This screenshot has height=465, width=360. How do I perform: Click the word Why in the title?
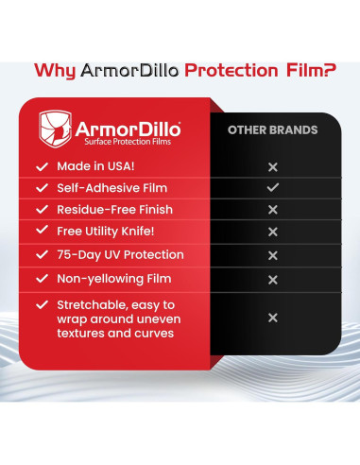[x=53, y=71]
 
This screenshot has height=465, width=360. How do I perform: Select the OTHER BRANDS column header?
[x=272, y=129]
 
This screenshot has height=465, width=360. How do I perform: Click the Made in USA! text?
[x=94, y=165]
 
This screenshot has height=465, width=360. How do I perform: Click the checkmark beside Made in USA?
[x=41, y=165]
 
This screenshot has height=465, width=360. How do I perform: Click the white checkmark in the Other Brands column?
[x=272, y=188]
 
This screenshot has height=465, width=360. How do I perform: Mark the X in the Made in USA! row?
[x=272, y=166]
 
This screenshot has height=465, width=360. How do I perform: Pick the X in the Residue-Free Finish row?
[x=272, y=210]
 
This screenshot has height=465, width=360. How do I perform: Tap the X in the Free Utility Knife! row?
[x=272, y=232]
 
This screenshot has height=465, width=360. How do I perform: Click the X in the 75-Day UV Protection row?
[x=272, y=256]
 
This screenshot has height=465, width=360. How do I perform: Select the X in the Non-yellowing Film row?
[x=272, y=280]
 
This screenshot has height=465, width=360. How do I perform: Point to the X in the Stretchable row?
[x=272, y=319]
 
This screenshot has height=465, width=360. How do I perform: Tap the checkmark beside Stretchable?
[x=41, y=304]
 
